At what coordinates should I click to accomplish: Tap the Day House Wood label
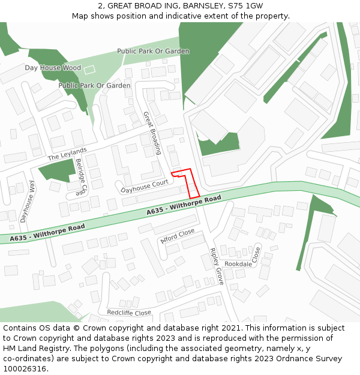(53, 68)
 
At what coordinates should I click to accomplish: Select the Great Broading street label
(152, 133)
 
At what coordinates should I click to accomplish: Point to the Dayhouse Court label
(144, 187)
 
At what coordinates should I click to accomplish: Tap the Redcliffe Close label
(129, 313)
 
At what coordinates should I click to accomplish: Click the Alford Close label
(178, 235)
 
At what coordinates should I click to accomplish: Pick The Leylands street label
(67, 154)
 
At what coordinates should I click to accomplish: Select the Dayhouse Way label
(28, 202)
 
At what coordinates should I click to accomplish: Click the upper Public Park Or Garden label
(153, 52)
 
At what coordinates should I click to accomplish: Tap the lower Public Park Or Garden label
(94, 86)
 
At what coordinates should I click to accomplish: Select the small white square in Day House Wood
(89, 70)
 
